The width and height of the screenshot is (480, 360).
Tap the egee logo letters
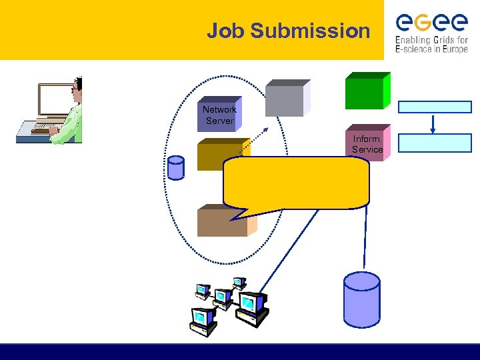(x=431, y=23)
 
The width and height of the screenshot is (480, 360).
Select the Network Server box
(x=219, y=115)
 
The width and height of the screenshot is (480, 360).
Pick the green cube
(x=366, y=91)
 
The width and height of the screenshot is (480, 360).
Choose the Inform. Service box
(x=367, y=145)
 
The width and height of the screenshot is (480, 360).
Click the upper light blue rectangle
(x=435, y=107)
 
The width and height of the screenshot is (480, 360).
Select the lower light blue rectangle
(x=435, y=143)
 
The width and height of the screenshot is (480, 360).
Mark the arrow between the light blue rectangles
(x=434, y=125)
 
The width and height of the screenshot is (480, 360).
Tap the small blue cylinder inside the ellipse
(x=176, y=168)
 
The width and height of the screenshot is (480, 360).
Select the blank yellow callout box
(x=297, y=182)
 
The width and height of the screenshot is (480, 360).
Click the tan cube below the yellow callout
(x=223, y=223)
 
